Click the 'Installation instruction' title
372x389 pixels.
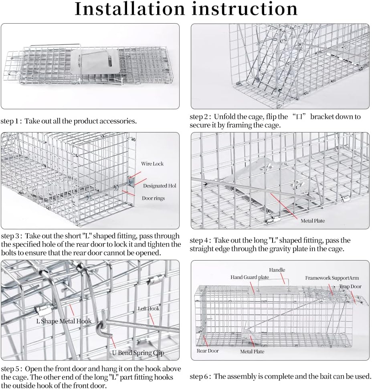pyautogui.click(x=186, y=9)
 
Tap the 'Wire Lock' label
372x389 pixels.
pyautogui.click(x=152, y=164)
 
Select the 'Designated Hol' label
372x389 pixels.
pyautogui.click(x=160, y=186)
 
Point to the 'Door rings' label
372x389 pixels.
pyautogui.click(x=153, y=198)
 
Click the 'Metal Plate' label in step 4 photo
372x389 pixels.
pyautogui.click(x=313, y=221)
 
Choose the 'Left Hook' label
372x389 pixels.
pyautogui.click(x=148, y=309)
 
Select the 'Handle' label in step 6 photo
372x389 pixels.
pyautogui.click(x=277, y=270)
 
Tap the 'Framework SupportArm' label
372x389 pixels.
pyautogui.click(x=332, y=278)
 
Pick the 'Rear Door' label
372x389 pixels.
pyautogui.click(x=208, y=351)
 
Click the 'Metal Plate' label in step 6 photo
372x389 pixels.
pyautogui.click(x=252, y=351)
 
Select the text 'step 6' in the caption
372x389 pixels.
pyautogui.click(x=199, y=376)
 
